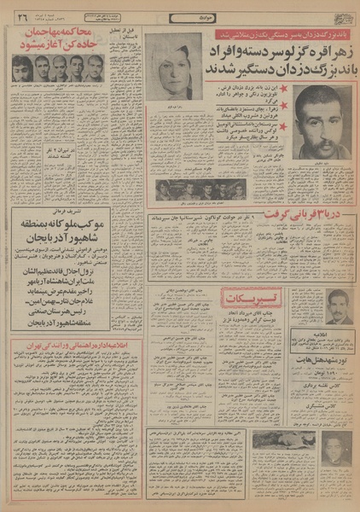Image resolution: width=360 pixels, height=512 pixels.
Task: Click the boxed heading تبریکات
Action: (248, 299)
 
